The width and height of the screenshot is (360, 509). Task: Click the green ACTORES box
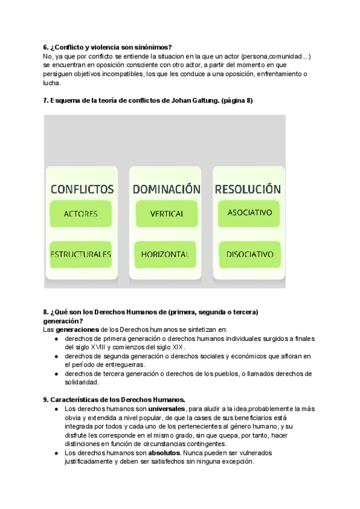coord(80,214)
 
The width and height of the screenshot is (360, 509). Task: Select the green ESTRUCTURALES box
coord(80,254)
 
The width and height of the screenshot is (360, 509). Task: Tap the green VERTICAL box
coord(166,214)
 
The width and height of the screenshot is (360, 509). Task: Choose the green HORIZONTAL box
coord(165,254)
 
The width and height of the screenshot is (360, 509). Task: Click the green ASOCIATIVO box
coord(250,212)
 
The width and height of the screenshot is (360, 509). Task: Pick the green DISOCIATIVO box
coord(250,254)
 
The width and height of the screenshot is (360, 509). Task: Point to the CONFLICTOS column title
coord(82,189)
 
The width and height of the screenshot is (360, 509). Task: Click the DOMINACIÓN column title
coord(166,189)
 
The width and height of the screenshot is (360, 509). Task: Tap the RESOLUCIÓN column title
coord(247,189)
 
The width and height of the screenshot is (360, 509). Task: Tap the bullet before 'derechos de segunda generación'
coord(56,356)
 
